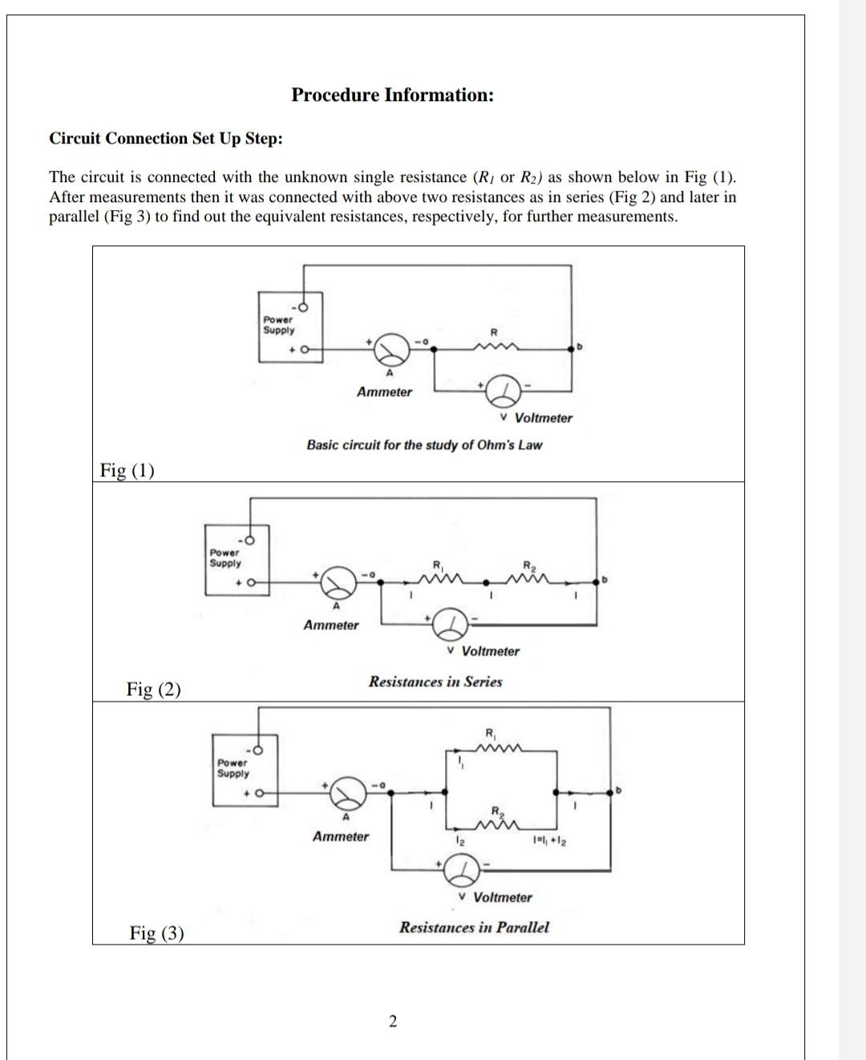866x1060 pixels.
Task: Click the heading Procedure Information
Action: click(392, 95)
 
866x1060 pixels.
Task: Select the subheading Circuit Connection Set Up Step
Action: click(166, 139)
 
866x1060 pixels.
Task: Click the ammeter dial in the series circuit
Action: click(338, 583)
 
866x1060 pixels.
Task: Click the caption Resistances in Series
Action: click(435, 682)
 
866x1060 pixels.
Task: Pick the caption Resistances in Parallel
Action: click(475, 928)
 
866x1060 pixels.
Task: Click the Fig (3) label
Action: click(156, 933)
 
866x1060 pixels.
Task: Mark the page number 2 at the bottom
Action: click(392, 1022)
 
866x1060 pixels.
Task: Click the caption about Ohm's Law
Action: click(424, 445)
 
